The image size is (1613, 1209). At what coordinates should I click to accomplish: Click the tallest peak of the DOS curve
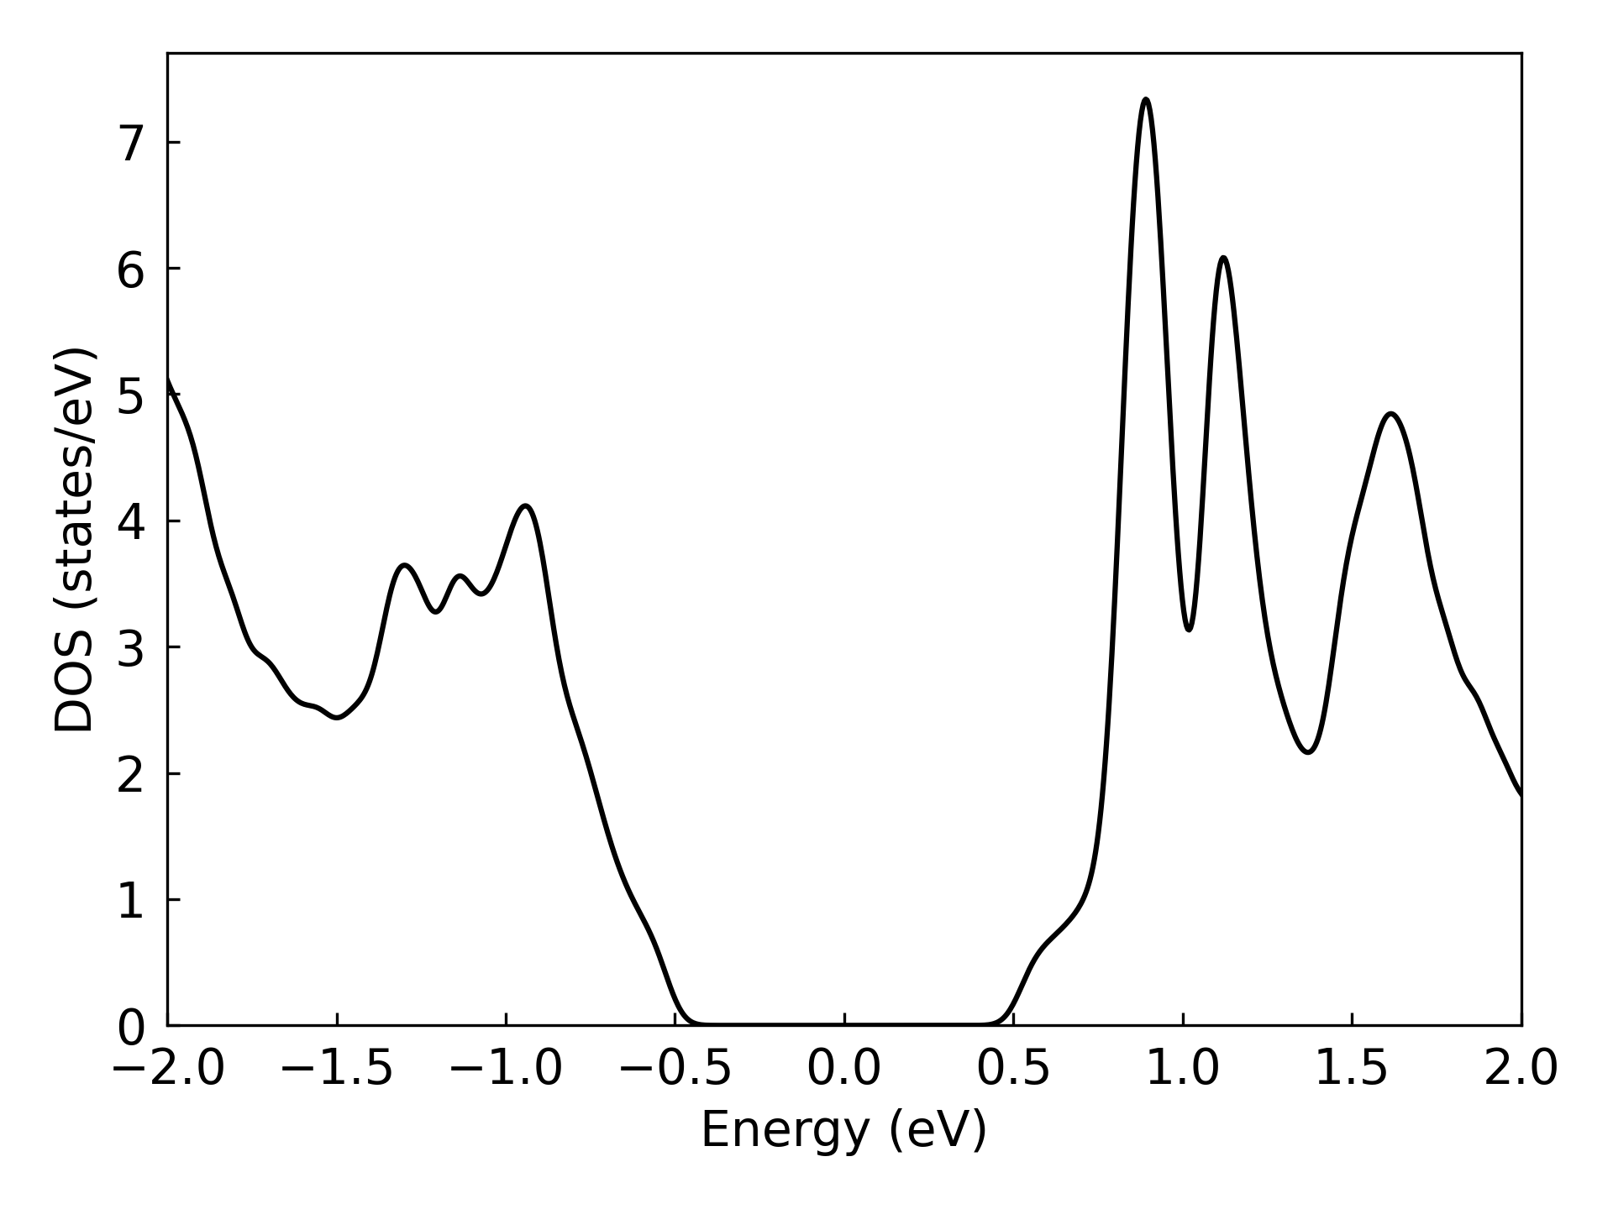tap(1145, 99)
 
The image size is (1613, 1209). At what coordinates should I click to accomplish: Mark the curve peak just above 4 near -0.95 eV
tap(526, 505)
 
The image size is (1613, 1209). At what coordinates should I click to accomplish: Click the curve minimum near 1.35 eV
tap(1308, 751)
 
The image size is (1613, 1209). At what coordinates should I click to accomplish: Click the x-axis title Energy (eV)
tap(843, 1130)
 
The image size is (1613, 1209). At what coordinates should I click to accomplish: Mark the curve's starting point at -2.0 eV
tap(168, 379)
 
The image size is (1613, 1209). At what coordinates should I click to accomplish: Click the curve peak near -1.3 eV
tap(405, 565)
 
